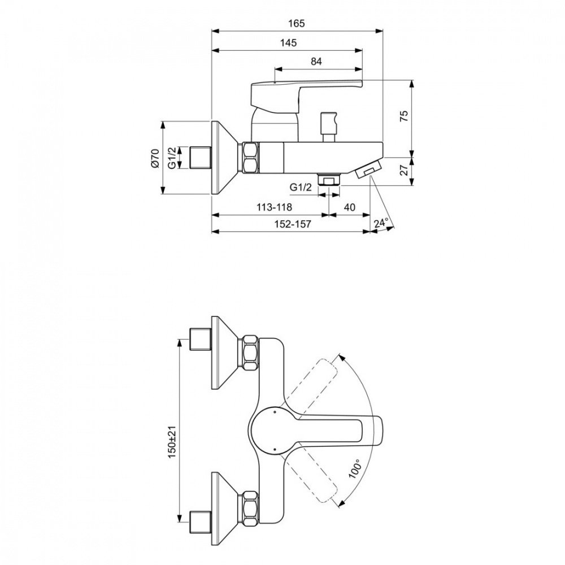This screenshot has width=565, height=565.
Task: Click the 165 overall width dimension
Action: click(x=296, y=24)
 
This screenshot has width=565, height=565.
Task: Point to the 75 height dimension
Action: click(x=403, y=117)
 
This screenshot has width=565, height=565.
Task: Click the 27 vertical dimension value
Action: click(x=403, y=170)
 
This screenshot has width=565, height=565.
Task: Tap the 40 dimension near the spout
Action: click(x=349, y=207)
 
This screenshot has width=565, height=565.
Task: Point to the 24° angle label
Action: click(x=383, y=224)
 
